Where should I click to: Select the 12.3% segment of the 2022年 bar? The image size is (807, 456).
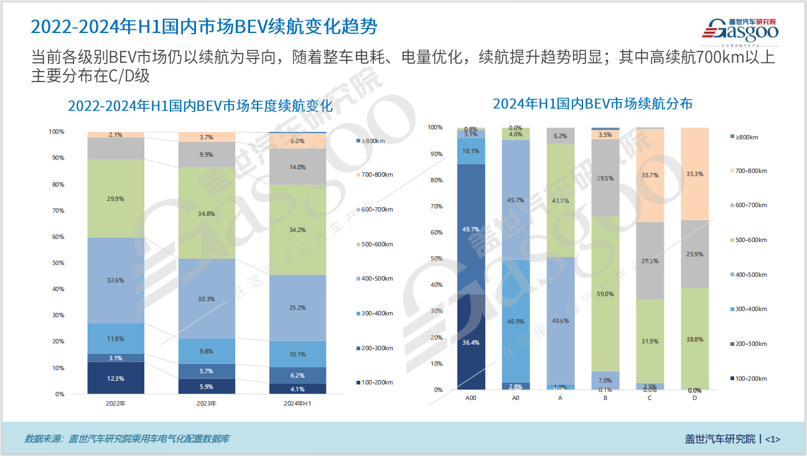116,378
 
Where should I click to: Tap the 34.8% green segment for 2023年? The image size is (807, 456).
207,213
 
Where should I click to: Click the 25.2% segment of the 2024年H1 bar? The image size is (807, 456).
297,307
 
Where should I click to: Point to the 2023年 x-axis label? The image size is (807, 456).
207,403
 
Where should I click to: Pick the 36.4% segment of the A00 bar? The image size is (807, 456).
471,342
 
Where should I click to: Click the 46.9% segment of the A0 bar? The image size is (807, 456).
516,321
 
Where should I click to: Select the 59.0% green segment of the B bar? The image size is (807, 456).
605,294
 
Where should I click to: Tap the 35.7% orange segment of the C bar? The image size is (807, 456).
650,175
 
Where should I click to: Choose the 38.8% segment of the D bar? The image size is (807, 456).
694,339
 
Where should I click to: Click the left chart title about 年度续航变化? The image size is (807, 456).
200,106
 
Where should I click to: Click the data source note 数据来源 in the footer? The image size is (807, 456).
126,439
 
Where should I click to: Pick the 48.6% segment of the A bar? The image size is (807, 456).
561,320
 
